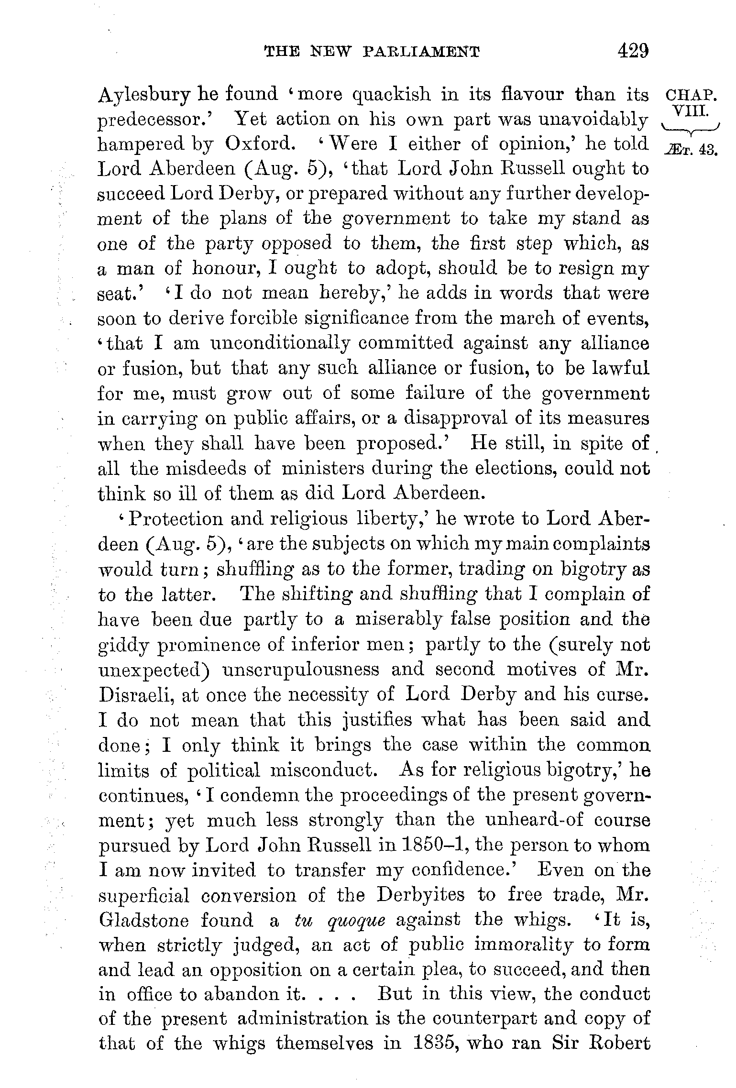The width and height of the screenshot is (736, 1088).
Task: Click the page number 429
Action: [633, 51]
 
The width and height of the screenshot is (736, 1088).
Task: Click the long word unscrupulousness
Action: [301, 669]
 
